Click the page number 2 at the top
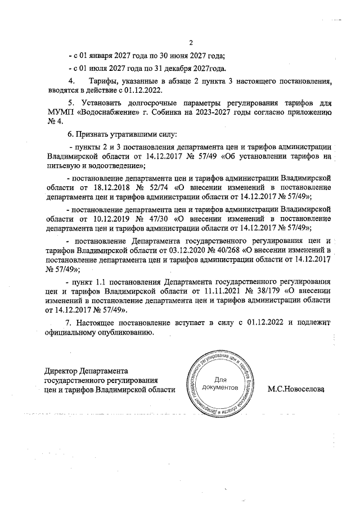coord(191,43)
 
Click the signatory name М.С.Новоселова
coord(298,389)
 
